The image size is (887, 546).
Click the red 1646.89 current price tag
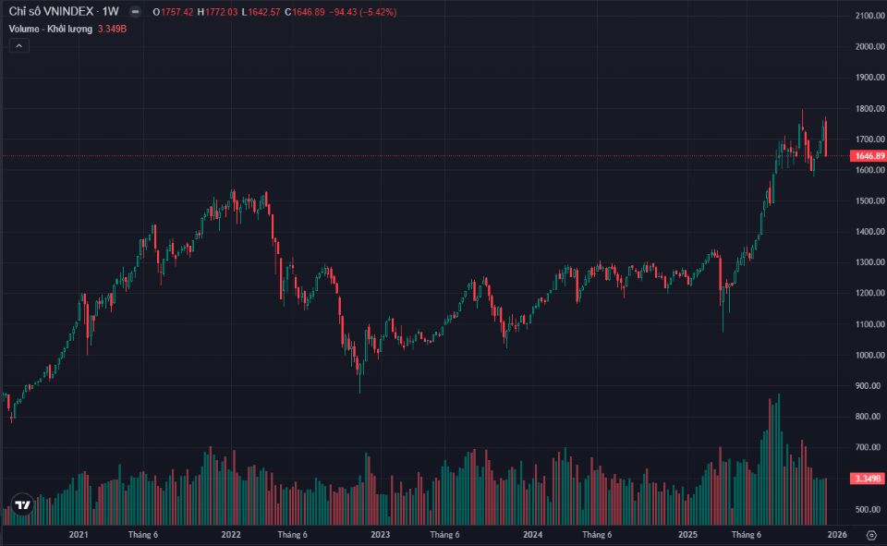click(x=870, y=156)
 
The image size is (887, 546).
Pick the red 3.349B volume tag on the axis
click(x=869, y=479)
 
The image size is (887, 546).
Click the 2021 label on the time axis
click(x=79, y=534)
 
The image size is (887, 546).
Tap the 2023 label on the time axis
click(x=380, y=534)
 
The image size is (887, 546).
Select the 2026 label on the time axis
click(x=837, y=534)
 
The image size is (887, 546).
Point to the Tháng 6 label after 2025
click(x=746, y=534)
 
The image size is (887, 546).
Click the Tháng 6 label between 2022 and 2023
click(x=292, y=534)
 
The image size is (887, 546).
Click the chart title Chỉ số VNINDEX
click(x=51, y=11)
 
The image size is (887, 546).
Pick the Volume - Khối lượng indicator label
click(x=51, y=29)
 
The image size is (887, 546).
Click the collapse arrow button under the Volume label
click(x=18, y=45)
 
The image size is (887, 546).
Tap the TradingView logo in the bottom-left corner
click(x=23, y=505)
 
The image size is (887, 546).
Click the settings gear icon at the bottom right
click(x=870, y=534)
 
